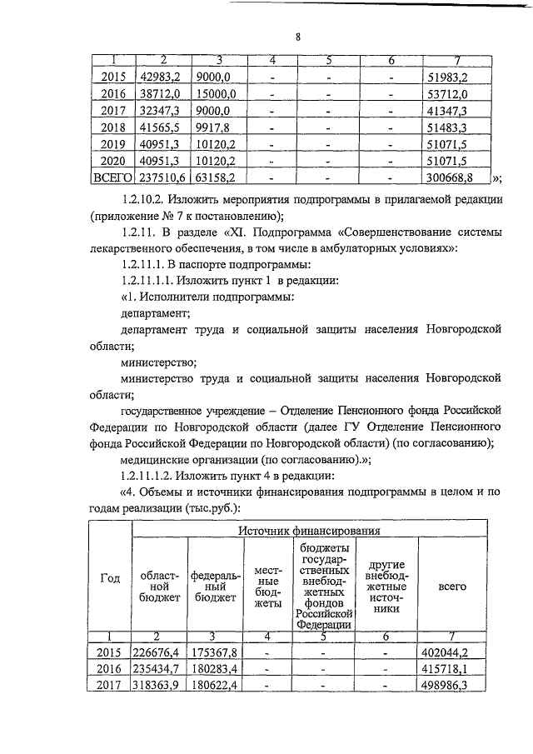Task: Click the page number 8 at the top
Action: (x=298, y=37)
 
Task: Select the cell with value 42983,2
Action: (x=166, y=77)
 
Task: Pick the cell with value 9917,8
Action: (x=214, y=127)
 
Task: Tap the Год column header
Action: (x=110, y=581)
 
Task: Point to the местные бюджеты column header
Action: (x=266, y=587)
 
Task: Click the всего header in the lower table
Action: (x=452, y=587)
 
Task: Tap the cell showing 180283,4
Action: (x=215, y=669)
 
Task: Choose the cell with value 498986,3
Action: (x=452, y=686)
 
